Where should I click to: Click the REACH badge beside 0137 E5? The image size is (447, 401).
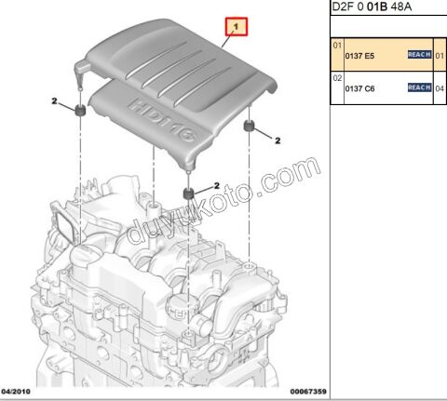point(419,56)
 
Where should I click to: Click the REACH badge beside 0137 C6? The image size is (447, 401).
point(419,87)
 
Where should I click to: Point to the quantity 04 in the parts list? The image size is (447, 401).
point(439,88)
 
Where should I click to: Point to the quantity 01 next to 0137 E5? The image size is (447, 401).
point(439,56)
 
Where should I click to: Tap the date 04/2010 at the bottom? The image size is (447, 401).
point(20,393)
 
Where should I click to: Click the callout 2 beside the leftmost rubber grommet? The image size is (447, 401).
point(54,100)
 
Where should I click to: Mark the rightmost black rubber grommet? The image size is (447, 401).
point(250,126)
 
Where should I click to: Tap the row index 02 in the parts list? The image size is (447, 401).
point(337,79)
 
